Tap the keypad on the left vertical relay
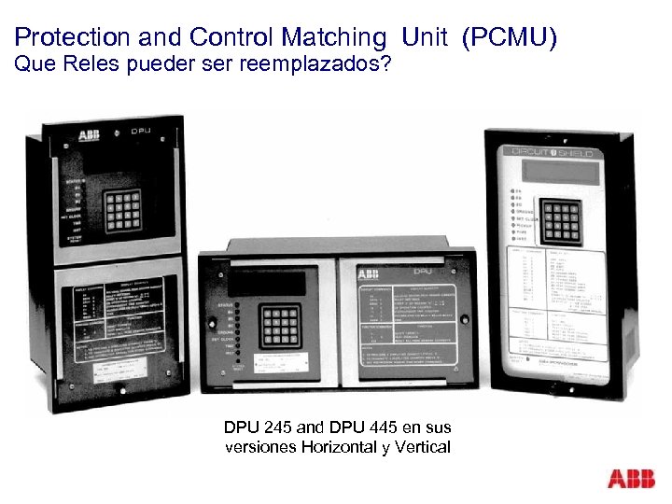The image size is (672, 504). pyautogui.click(x=122, y=211)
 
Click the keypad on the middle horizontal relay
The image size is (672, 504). pyautogui.click(x=280, y=327)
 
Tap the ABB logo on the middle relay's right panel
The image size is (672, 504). pyautogui.click(x=368, y=273)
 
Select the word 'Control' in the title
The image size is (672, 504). pyautogui.click(x=222, y=37)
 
